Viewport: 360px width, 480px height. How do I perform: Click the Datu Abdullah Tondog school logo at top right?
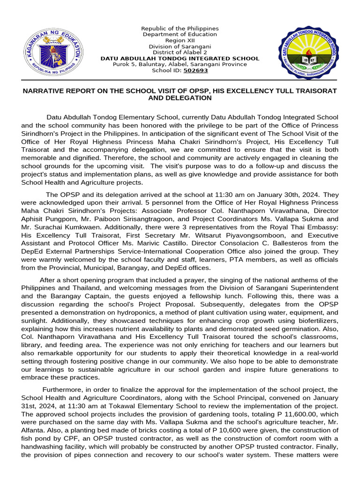[x=307, y=51]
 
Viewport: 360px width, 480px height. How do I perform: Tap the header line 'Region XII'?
[x=180, y=40]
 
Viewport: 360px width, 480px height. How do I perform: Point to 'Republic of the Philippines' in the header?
[x=180, y=29]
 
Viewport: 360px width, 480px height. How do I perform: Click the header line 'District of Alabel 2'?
[x=180, y=52]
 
